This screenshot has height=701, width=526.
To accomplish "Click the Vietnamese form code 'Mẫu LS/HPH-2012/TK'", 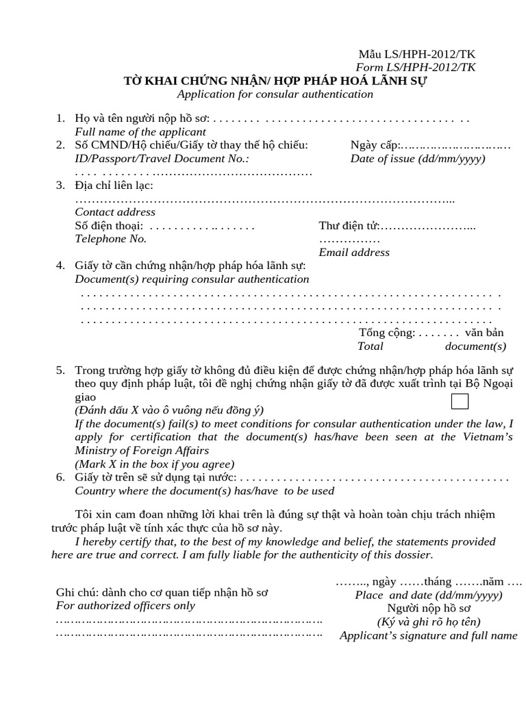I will pyautogui.click(x=417, y=54).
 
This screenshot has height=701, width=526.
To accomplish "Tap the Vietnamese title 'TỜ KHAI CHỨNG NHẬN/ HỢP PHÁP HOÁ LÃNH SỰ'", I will pyautogui.click(x=278, y=81).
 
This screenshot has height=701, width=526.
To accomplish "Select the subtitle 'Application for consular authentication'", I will pyautogui.click(x=275, y=94).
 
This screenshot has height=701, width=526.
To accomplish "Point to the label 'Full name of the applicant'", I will pyautogui.click(x=140, y=131).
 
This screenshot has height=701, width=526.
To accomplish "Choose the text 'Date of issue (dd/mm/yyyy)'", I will pyautogui.click(x=417, y=158).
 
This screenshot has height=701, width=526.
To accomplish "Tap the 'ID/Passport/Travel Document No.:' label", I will pyautogui.click(x=162, y=158).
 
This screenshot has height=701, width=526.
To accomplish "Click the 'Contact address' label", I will pyautogui.click(x=115, y=212).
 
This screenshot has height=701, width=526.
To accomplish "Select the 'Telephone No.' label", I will pyautogui.click(x=110, y=239).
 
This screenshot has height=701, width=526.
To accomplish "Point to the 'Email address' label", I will pyautogui.click(x=354, y=252).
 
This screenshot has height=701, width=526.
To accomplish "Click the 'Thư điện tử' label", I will pyautogui.click(x=349, y=226).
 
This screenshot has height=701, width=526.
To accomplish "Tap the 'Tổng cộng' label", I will pyautogui.click(x=386, y=333).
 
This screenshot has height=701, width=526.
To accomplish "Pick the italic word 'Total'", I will pyautogui.click(x=371, y=346).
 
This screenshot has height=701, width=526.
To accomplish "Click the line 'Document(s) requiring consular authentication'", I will pyautogui.click(x=192, y=279).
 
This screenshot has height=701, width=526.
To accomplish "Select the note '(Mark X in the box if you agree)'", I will pyautogui.click(x=155, y=463).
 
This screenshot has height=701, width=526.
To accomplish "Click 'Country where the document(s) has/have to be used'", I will pyautogui.click(x=204, y=491).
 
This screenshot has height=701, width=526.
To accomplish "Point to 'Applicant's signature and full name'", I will pyautogui.click(x=429, y=636).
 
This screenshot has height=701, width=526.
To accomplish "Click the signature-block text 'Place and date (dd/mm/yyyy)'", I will pyautogui.click(x=429, y=595).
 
